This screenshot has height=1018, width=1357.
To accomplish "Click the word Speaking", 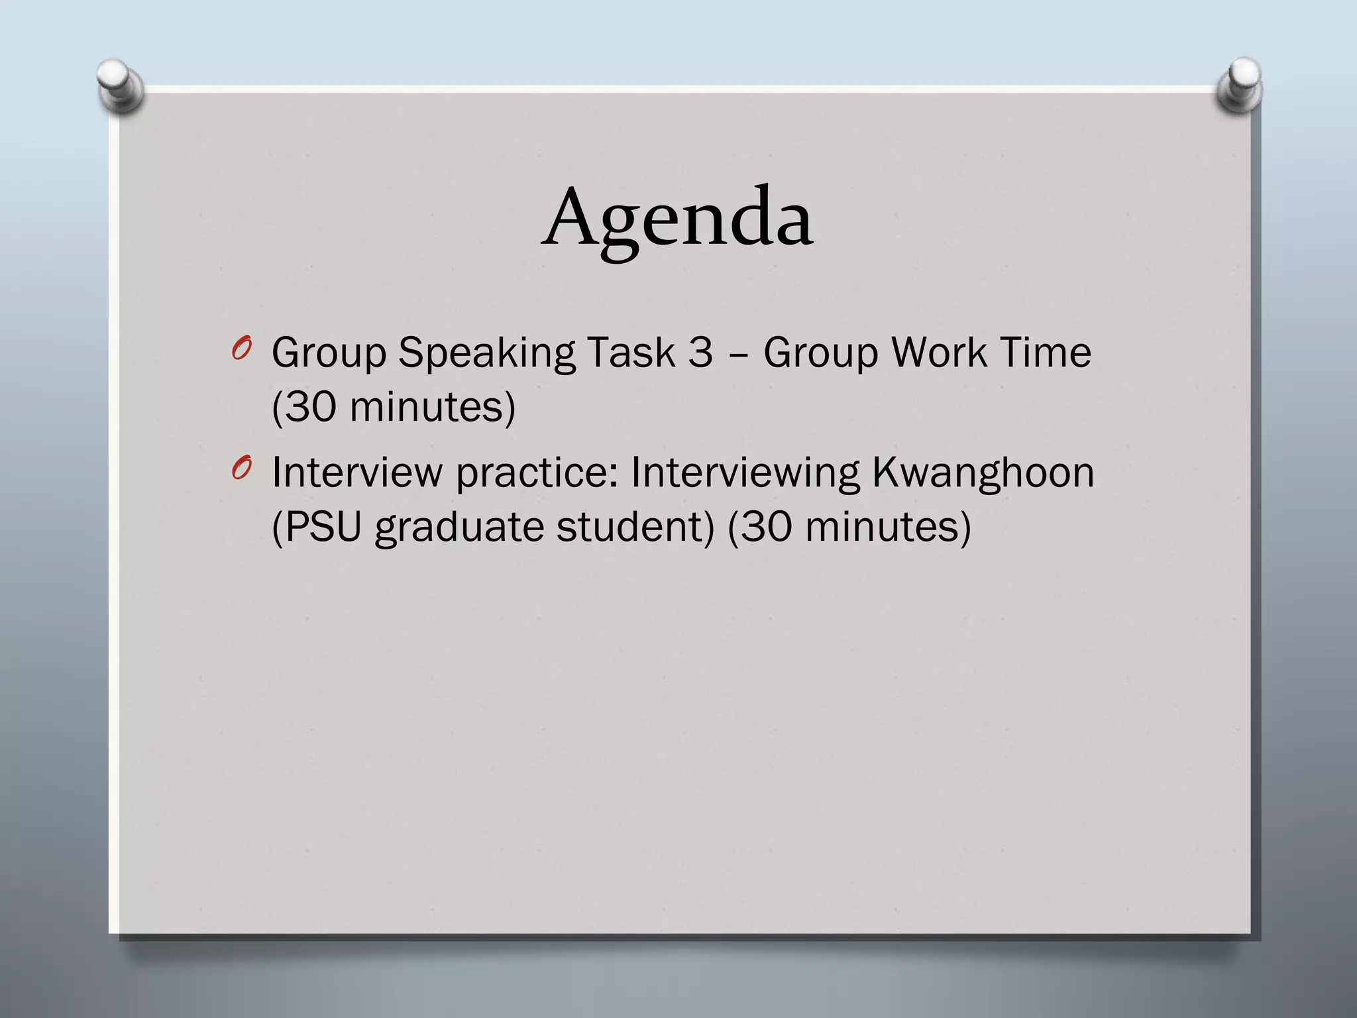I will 486,353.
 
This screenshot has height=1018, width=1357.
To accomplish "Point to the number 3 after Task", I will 700,353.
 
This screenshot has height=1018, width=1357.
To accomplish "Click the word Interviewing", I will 745,473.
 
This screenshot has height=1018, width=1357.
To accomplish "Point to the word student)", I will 635,528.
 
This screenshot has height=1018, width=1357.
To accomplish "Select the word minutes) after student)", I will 888,528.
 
